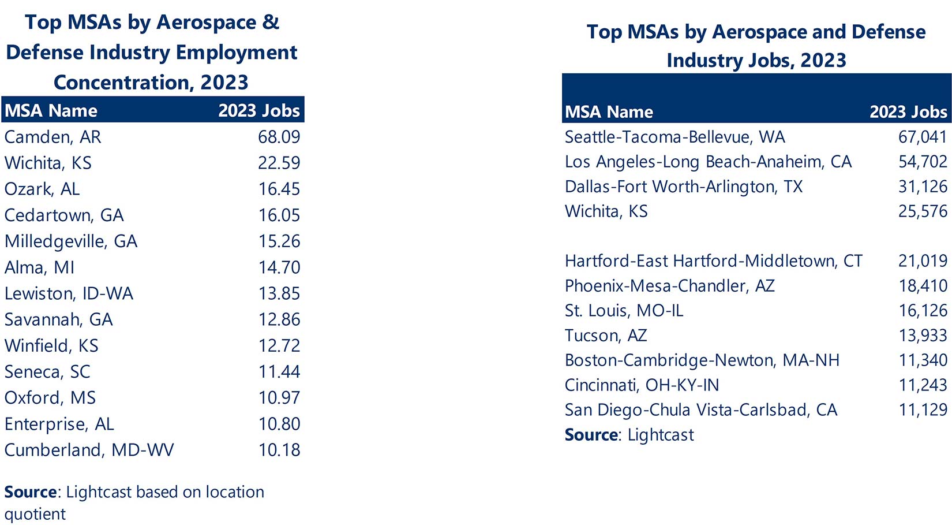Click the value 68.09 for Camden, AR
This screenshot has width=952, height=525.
click(279, 137)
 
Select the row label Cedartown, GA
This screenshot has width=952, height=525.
click(64, 215)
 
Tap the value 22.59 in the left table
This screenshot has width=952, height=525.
click(279, 163)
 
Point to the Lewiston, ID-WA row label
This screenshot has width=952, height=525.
click(69, 293)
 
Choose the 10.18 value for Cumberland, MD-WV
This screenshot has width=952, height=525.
click(279, 450)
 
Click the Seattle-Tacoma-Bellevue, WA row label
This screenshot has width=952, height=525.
click(674, 137)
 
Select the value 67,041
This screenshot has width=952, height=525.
click(922, 137)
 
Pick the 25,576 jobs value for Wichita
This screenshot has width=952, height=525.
click(922, 211)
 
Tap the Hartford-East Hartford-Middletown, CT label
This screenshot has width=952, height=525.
click(713, 261)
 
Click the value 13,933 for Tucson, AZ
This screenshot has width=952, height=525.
click(922, 336)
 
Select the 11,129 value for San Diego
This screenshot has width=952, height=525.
click(922, 410)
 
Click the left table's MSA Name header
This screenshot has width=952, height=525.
click(51, 110)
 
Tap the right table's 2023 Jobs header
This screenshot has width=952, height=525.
click(908, 111)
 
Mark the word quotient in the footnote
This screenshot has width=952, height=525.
click(35, 514)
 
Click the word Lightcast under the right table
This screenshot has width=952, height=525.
click(661, 435)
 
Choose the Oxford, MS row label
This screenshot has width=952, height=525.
click(50, 398)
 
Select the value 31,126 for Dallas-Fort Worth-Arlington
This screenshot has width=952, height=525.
click(922, 187)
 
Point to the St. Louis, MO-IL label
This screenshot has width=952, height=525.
click(624, 311)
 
